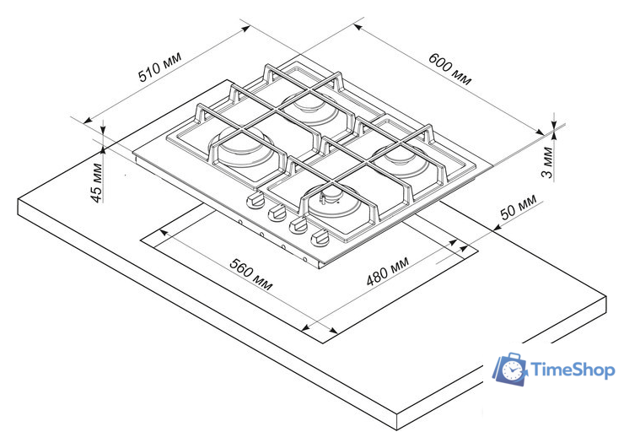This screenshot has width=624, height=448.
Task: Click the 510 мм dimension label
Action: pos(160,67)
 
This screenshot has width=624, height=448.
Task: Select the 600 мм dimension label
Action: pos(450,69)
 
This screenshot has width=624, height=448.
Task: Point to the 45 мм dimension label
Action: pos(97,183)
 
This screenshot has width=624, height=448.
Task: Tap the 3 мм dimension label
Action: pos(547,163)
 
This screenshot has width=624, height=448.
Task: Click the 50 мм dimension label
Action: pos(518,207)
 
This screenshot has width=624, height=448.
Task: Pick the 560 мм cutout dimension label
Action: pos(251,274)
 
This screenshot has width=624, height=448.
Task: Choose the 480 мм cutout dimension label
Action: pos(387,272)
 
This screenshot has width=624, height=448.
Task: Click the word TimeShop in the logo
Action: pos(573,370)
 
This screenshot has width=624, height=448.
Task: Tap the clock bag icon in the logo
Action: pos(510,369)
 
